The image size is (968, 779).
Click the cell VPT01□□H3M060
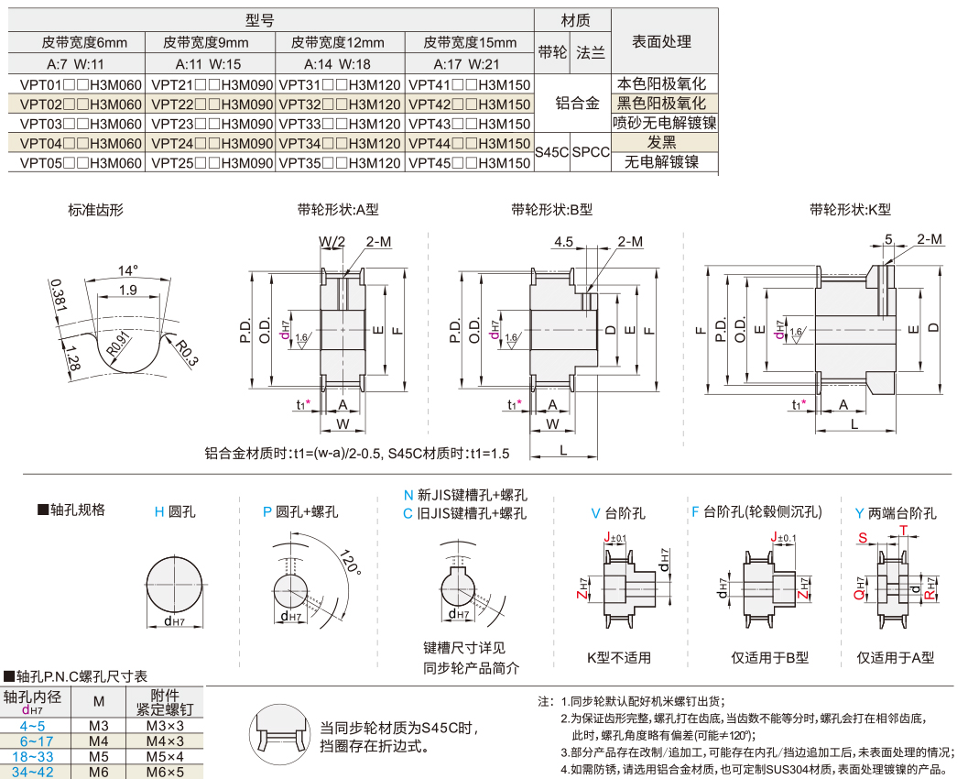point(81,84)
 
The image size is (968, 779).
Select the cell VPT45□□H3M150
point(469,162)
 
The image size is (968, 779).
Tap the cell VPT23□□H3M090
point(212,124)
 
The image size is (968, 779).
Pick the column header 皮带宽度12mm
point(339,42)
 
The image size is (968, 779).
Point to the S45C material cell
point(551,152)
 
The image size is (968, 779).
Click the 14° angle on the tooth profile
point(128,271)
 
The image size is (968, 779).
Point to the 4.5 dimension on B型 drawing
point(563,242)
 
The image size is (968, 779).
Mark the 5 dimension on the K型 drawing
point(888,239)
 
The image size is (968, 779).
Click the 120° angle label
point(346,563)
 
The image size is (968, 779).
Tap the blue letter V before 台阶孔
point(595,513)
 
